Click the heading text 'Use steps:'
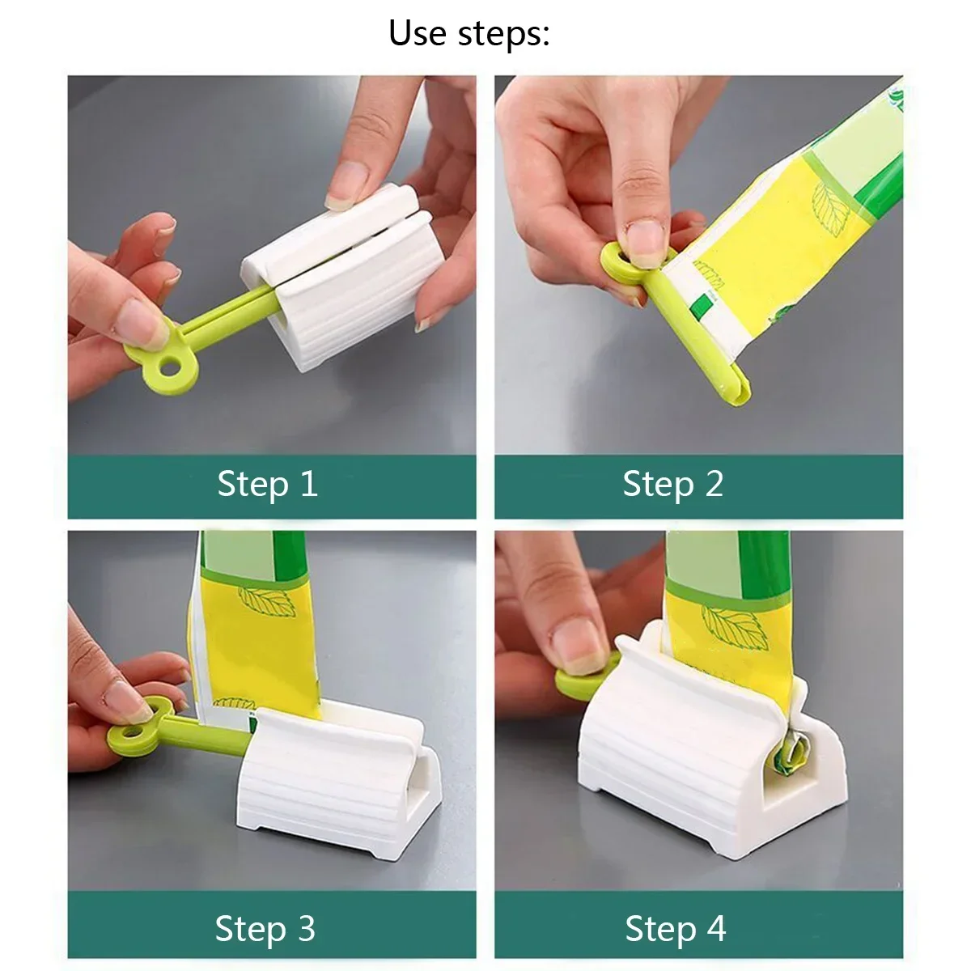coord(469,33)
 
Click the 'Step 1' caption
coord(267,485)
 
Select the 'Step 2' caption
coord(672,485)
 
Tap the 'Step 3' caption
coord(265,928)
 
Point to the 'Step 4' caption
coord(675,928)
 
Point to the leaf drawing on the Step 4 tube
coord(732,627)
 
